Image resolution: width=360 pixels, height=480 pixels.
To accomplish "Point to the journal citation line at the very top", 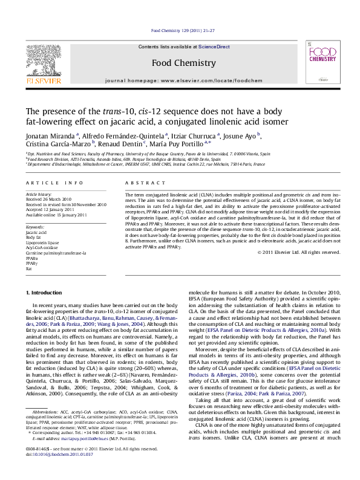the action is point(180,31).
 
